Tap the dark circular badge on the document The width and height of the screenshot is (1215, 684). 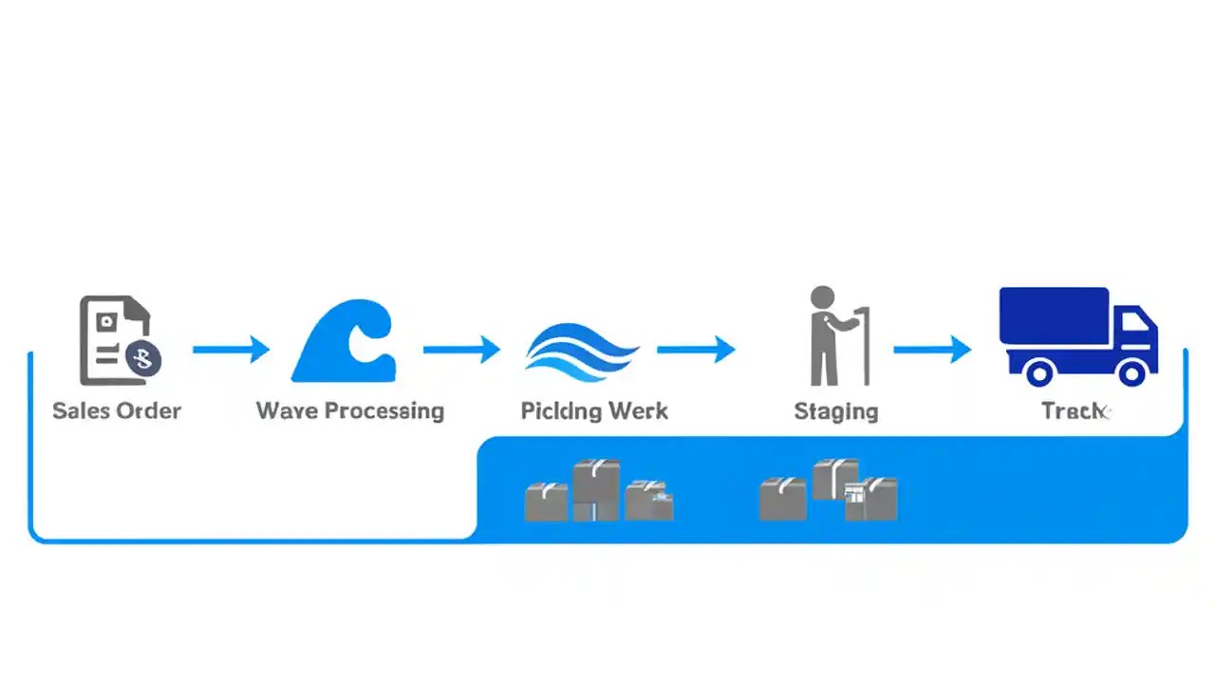[x=143, y=358]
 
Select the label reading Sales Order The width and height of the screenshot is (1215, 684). [x=116, y=410]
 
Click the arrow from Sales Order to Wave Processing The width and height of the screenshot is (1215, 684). [x=231, y=350]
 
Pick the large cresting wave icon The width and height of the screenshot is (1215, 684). [x=344, y=341]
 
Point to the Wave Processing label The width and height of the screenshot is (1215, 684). [x=349, y=410]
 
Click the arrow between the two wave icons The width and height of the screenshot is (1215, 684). [x=461, y=350]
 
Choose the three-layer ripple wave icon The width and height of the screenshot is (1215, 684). [x=581, y=352]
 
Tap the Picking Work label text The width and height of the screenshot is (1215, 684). [x=594, y=410]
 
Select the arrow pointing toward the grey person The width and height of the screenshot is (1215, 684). [x=696, y=350]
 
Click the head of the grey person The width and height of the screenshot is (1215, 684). [x=822, y=297]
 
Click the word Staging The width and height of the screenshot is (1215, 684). [x=835, y=410]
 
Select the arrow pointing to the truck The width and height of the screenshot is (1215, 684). [x=932, y=350]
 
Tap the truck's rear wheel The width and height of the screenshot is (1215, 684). [x=1039, y=371]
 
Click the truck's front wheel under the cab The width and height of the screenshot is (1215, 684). [x=1131, y=371]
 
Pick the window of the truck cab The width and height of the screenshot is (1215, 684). [x=1134, y=323]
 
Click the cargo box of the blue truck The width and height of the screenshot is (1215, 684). [x=1054, y=316]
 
